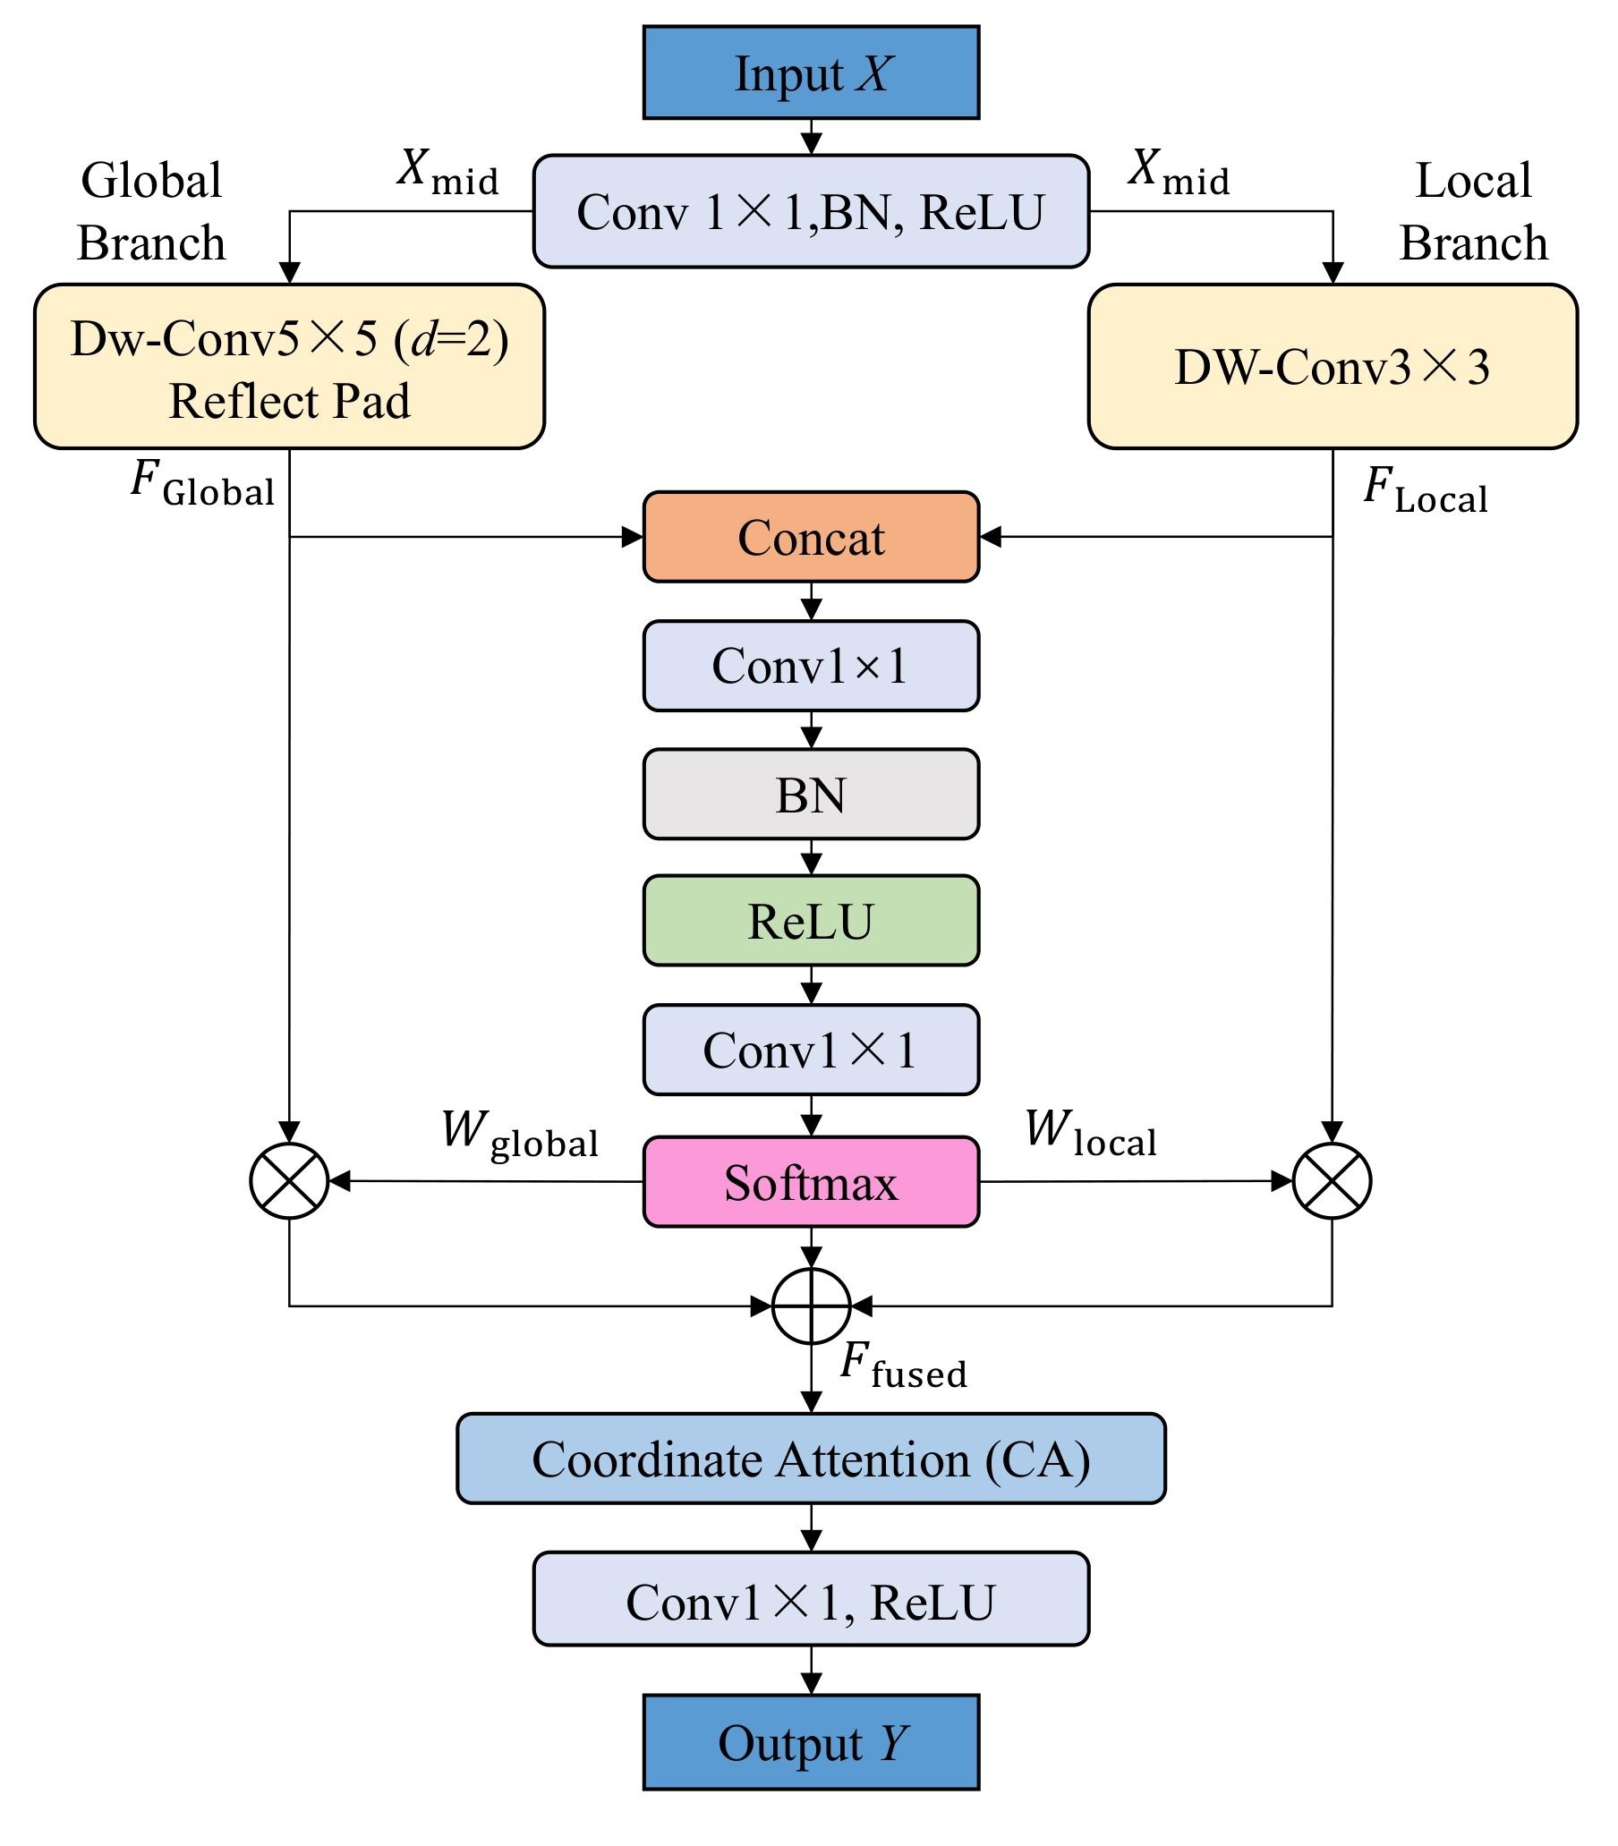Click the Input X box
pos(811,72)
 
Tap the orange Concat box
pos(811,537)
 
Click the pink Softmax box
pos(811,1182)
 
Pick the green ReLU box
pos(811,921)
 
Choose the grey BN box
pos(811,795)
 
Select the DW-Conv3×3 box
pos(1333,367)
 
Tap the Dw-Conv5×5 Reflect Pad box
pos(289,367)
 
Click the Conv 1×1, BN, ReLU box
pos(811,211)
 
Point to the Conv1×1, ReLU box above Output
pos(811,1602)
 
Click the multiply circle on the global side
pos(289,1181)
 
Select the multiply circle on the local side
pos(1332,1181)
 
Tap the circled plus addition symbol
pos(812,1306)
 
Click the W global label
pos(519,1134)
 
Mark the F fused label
pos(903,1365)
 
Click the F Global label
pos(202,484)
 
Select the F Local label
pos(1425,491)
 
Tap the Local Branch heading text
pos(1474,211)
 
